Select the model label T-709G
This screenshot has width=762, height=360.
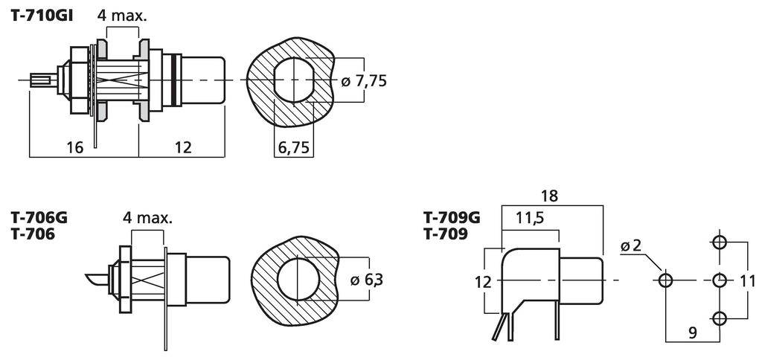(x=452, y=218)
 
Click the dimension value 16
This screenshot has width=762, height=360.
(x=74, y=147)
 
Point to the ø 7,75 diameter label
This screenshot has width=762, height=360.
(x=364, y=80)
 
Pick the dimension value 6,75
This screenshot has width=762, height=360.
(x=294, y=147)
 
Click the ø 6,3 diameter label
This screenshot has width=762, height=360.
(x=367, y=280)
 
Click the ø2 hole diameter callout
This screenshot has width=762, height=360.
(x=630, y=246)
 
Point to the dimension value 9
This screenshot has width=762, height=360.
(x=692, y=333)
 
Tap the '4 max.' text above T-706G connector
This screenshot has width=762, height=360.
(x=147, y=218)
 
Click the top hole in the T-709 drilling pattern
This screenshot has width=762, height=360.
(x=720, y=242)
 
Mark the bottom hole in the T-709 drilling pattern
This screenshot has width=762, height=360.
(x=720, y=318)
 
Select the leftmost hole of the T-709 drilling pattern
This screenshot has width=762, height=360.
(x=665, y=280)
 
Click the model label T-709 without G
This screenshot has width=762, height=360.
(x=446, y=234)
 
